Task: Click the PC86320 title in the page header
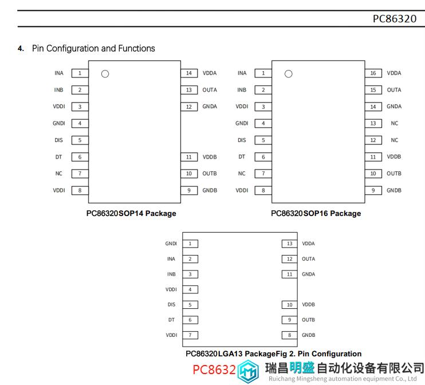[395, 19]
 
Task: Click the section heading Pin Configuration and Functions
[93, 48]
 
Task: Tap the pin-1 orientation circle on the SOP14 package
[105, 74]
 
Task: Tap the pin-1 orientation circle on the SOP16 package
[289, 74]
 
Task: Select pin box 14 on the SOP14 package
[189, 73]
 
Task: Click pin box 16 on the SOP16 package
[373, 73]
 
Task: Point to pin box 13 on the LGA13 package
[289, 243]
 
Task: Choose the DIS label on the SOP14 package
[58, 140]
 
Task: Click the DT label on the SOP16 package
[242, 157]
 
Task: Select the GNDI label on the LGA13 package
[171, 243]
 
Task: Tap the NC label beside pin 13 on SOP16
[395, 123]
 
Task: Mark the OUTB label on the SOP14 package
[210, 174]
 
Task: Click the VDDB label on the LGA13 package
[309, 304]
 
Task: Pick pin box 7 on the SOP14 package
[80, 174]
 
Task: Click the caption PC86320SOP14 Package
[131, 213]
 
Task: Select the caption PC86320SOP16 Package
[316, 213]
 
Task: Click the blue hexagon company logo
[248, 371]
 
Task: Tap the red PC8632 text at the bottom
[214, 370]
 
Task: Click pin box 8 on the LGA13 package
[289, 335]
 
